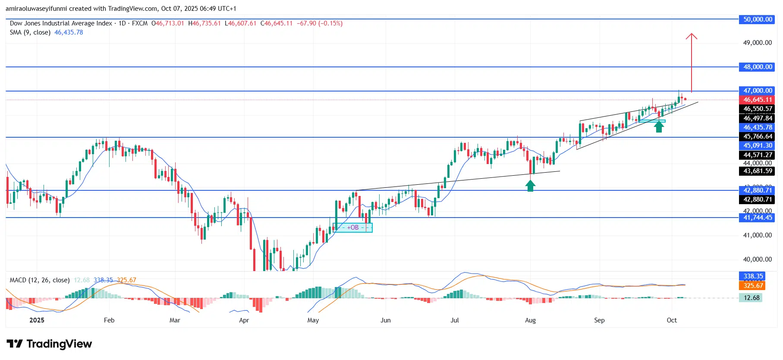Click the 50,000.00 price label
click(758, 19)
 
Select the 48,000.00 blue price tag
click(758, 67)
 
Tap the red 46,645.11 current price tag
click(758, 100)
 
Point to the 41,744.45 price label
click(758, 218)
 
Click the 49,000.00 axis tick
click(758, 43)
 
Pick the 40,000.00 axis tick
click(758, 259)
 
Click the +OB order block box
click(353, 227)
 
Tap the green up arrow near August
click(530, 186)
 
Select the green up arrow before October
click(658, 126)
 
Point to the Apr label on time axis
click(244, 320)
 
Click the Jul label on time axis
click(455, 320)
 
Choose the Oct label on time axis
click(672, 320)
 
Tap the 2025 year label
click(37, 320)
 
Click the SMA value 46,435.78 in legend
click(69, 32)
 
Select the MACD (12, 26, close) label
click(40, 280)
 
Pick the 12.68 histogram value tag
click(752, 298)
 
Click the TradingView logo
click(49, 344)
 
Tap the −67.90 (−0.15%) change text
click(320, 23)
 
